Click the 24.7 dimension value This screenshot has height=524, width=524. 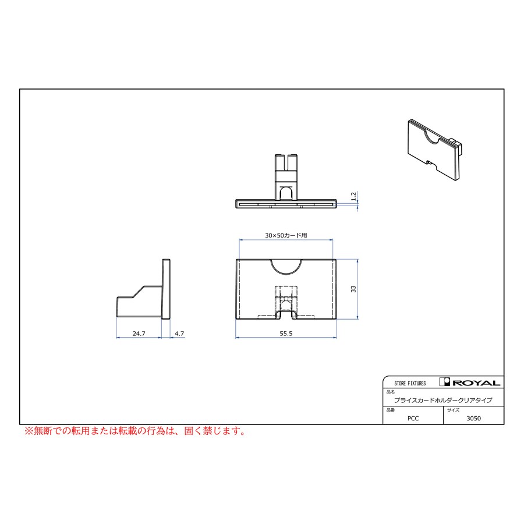[139, 334]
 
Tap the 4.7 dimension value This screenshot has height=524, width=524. [179, 334]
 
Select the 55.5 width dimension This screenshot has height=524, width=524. [286, 334]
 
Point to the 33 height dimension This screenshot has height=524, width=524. [353, 289]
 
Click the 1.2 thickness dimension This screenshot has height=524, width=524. [353, 196]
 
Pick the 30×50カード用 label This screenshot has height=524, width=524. [286, 235]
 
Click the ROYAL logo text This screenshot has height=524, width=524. [476, 383]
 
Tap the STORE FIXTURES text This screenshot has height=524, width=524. [410, 383]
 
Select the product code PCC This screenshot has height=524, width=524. [413, 419]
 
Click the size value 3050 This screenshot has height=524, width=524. [473, 419]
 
